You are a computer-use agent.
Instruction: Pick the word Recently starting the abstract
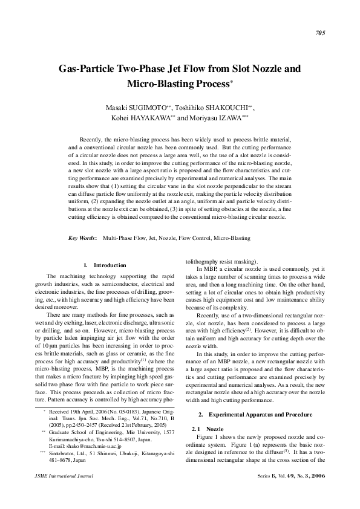tap(100, 139)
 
